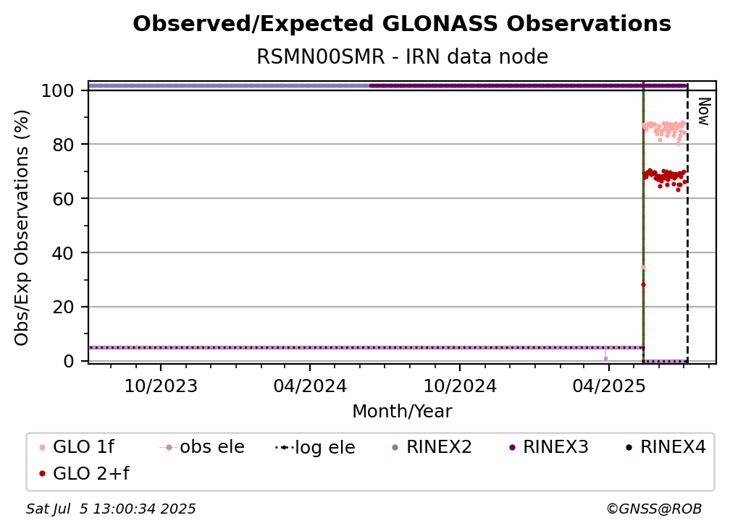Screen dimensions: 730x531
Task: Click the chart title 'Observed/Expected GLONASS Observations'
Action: coord(402,24)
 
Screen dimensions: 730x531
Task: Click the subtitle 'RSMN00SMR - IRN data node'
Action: coord(402,56)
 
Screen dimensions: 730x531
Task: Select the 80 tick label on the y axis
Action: coord(63,145)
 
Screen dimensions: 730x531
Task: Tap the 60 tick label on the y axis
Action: coord(63,198)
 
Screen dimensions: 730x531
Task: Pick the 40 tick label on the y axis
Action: coord(63,253)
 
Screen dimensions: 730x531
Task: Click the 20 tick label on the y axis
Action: coord(63,307)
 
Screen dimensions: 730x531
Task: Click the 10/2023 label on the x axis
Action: coord(161,386)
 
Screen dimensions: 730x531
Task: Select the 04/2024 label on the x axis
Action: coord(310,386)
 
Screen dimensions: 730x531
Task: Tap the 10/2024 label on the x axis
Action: coord(460,386)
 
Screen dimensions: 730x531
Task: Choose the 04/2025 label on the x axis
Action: coord(609,386)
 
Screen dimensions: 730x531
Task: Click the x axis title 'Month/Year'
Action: coord(402,412)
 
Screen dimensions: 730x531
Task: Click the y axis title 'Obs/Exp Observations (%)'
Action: coord(22,228)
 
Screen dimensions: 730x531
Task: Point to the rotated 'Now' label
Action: coord(703,111)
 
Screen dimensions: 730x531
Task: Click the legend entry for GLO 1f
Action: coord(77,447)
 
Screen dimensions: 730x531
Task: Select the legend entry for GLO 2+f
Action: coord(84,473)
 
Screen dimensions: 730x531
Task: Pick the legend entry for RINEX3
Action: coord(549,447)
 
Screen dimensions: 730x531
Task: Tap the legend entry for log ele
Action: coord(315,448)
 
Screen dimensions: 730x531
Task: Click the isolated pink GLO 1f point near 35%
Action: coord(643,268)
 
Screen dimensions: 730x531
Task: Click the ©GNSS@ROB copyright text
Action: coord(654,509)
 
